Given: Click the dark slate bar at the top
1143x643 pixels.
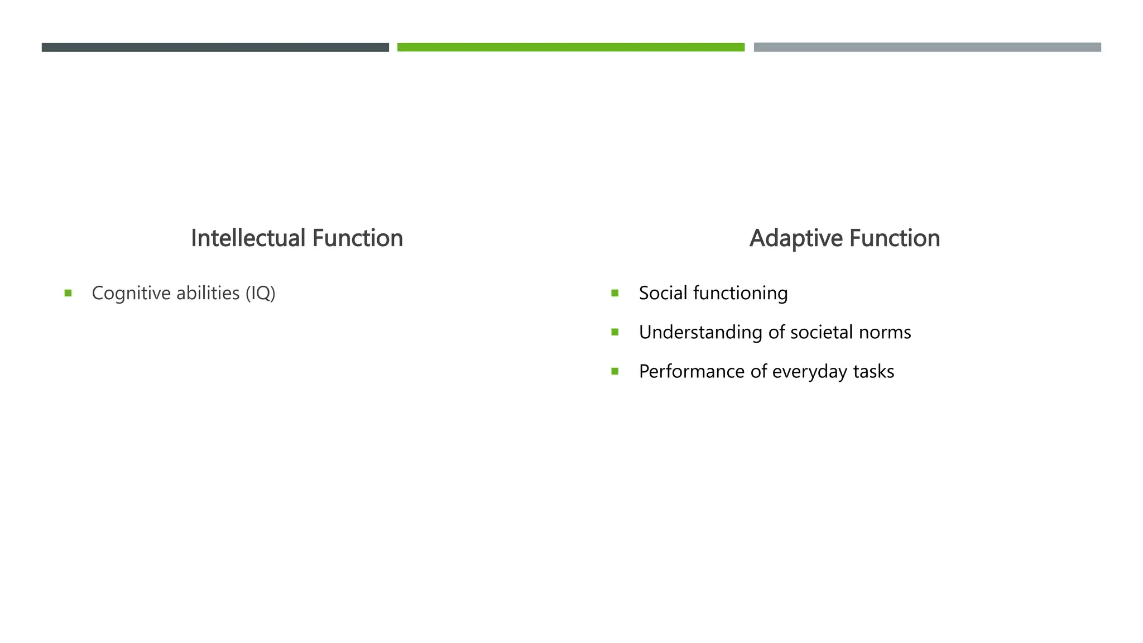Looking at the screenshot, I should (x=215, y=47).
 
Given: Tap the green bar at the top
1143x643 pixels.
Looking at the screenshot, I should (x=570, y=47).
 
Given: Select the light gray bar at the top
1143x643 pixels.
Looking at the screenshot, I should (x=927, y=47).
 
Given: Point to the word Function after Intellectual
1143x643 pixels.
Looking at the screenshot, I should (x=357, y=238).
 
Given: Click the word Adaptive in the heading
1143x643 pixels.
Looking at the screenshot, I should (x=796, y=238).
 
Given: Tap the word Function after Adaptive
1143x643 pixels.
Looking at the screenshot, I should (x=895, y=238).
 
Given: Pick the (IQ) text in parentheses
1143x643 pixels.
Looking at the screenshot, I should (x=261, y=294).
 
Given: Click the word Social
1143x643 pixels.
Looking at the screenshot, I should (x=663, y=293).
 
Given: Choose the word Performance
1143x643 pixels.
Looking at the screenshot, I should (x=691, y=372).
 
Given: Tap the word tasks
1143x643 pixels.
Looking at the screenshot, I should (x=873, y=372).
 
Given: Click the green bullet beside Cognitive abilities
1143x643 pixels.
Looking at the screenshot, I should (x=68, y=293).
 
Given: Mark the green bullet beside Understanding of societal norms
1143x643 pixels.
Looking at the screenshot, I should (x=615, y=332).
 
